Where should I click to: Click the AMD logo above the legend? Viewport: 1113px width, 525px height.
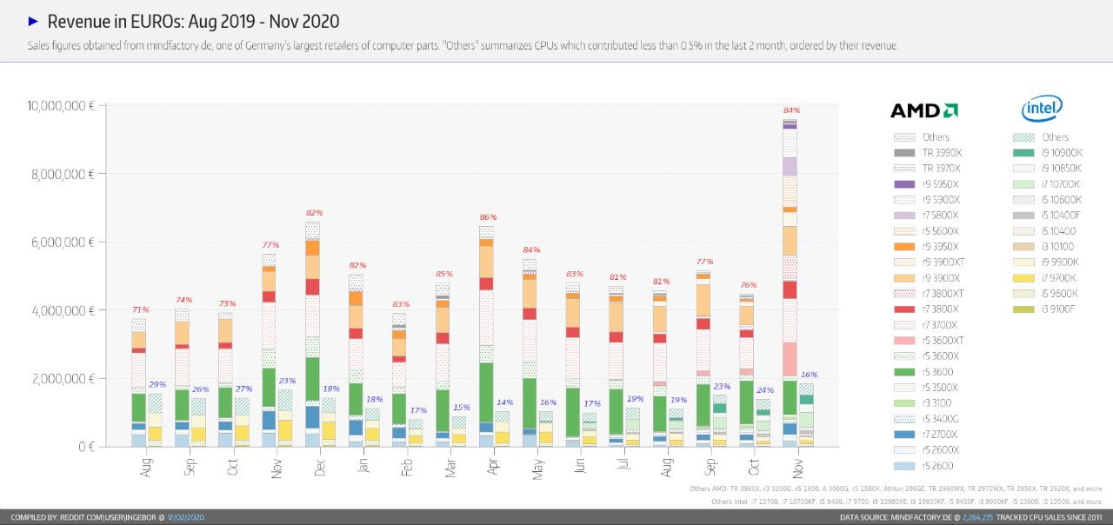coord(923,110)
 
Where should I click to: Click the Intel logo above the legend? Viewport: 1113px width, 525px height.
coord(1042,109)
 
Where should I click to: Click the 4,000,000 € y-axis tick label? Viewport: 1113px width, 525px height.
coord(62,310)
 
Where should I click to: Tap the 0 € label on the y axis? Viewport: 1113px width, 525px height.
coord(85,447)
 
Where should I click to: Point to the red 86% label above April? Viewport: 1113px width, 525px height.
coord(488,217)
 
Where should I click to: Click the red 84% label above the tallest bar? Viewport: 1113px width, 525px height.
coord(791,110)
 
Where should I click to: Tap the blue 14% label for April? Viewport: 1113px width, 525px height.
coord(504,402)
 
